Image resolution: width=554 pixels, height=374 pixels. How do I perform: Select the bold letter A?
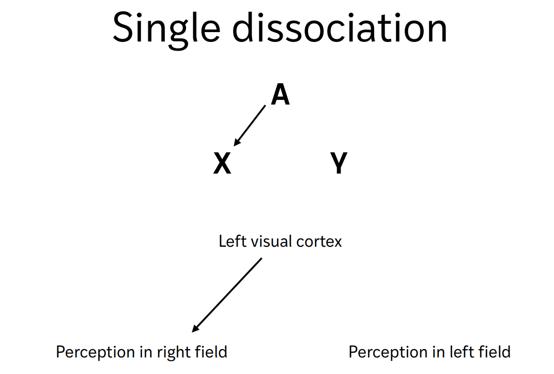point(281,95)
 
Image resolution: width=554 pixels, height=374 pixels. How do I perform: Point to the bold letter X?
point(222,164)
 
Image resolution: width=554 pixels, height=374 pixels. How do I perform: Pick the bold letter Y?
point(339,164)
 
